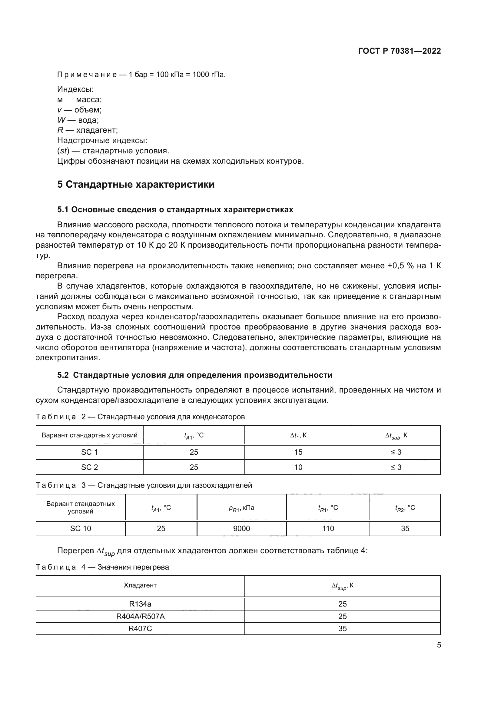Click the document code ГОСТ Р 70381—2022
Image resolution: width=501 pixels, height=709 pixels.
click(400, 51)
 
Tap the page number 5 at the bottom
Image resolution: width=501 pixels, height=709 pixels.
click(439, 645)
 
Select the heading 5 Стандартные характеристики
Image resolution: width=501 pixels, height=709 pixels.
click(136, 184)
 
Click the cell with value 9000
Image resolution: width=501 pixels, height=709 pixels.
click(241, 529)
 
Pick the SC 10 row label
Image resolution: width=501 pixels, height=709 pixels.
click(81, 529)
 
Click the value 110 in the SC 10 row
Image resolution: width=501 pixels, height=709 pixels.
click(328, 529)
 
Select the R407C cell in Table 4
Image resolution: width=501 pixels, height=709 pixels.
click(140, 629)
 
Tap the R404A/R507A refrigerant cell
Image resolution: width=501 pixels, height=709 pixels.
click(140, 616)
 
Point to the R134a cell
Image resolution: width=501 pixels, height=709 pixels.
click(140, 604)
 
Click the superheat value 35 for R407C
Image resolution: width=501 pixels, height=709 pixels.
click(343, 629)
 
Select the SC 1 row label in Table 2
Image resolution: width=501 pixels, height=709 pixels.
click(89, 452)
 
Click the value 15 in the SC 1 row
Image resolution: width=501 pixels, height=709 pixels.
click(298, 452)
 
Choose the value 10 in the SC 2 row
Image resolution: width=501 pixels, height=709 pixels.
click(298, 467)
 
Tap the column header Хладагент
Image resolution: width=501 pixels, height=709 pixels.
click(140, 586)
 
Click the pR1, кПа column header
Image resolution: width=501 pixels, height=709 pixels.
click(241, 508)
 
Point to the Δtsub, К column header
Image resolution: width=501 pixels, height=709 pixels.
click(396, 436)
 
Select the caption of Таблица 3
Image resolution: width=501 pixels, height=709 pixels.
click(144, 485)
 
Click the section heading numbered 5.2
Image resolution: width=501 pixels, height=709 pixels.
click(195, 375)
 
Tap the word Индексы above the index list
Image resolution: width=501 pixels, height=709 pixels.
click(75, 89)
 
